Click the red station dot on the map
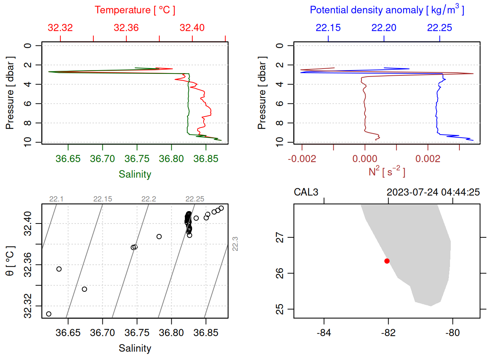[387, 261]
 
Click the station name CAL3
[306, 192]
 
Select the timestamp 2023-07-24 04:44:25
[433, 192]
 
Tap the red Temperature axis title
[135, 10]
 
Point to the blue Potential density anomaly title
[387, 10]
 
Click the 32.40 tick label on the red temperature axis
[192, 28]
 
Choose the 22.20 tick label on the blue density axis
[384, 28]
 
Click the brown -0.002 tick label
[302, 159]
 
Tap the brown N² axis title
[387, 172]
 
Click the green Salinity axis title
[135, 174]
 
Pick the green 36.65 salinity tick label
[68, 159]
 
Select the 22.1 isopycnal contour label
[56, 199]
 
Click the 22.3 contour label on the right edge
[235, 244]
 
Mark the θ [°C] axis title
[10, 261]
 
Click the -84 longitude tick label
[324, 333]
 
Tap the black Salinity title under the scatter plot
[135, 348]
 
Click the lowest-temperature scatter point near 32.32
[49, 314]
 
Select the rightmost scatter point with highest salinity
[221, 208]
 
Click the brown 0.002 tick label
[427, 159]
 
